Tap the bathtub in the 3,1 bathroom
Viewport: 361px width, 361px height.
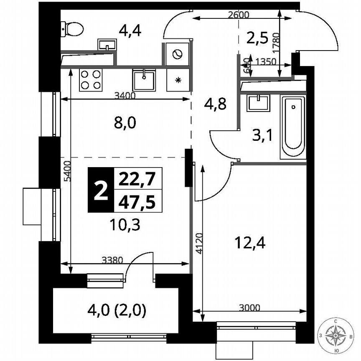pos(293,127)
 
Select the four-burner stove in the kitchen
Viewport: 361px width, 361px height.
pos(91,79)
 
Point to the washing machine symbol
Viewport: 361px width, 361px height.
pos(177,53)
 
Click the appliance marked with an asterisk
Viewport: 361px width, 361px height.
pos(178,80)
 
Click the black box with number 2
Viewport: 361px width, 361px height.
pos(100,190)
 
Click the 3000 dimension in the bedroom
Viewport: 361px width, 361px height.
pos(250,308)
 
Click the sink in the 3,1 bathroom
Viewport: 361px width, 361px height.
pos(258,102)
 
